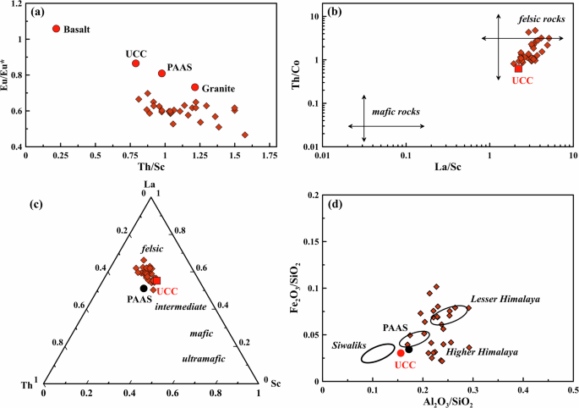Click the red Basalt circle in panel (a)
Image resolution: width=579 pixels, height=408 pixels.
point(57,28)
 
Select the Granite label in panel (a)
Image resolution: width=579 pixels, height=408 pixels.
point(218,87)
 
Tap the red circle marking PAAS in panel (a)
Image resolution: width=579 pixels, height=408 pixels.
point(162,73)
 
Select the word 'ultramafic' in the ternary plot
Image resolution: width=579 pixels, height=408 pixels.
point(204,359)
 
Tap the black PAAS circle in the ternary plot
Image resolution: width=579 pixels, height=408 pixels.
point(144,288)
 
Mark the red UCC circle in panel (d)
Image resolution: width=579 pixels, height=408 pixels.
point(401,352)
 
